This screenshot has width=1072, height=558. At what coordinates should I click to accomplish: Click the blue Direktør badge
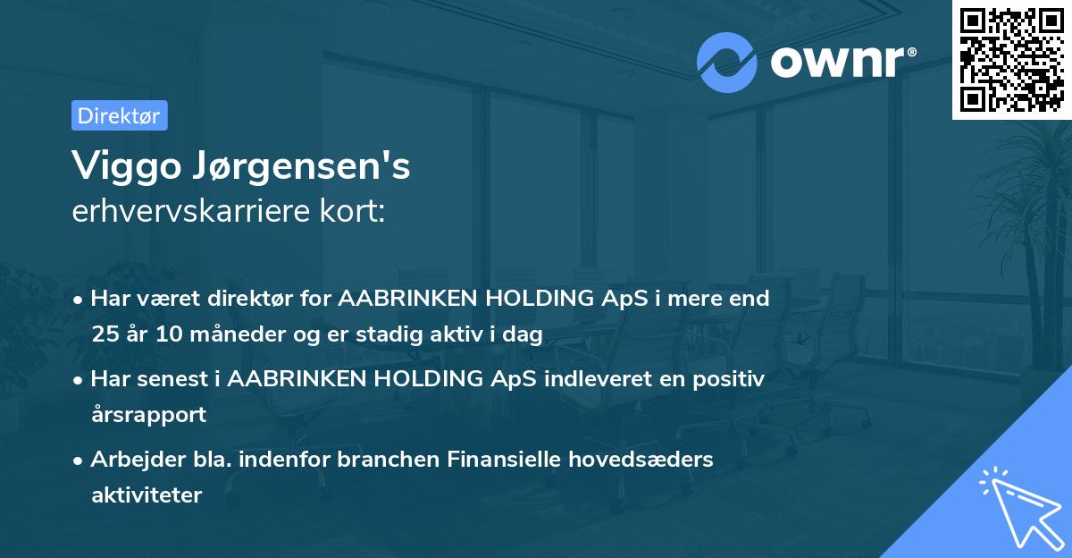(x=119, y=115)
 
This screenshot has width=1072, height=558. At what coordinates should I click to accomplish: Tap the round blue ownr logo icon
(x=727, y=62)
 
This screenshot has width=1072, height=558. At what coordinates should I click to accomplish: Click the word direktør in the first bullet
(x=253, y=299)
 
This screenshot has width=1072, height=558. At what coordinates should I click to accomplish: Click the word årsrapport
(x=148, y=415)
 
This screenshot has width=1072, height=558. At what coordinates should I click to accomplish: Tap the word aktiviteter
(x=147, y=495)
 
